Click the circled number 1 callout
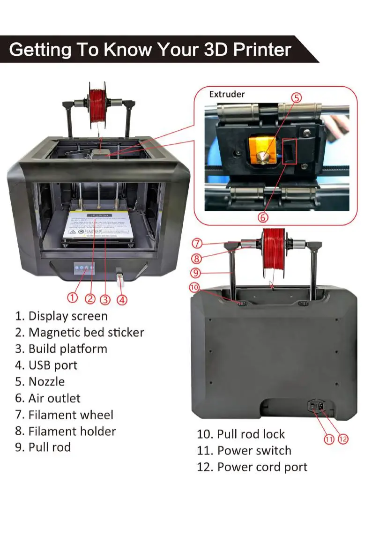72,297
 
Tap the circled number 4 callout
122,299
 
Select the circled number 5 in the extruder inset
297,98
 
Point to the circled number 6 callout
263,217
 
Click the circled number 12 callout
343,439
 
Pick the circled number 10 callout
194,287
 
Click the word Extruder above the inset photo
227,94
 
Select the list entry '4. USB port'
46,365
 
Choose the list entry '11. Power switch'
244,451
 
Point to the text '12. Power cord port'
252,467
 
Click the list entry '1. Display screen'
61,316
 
